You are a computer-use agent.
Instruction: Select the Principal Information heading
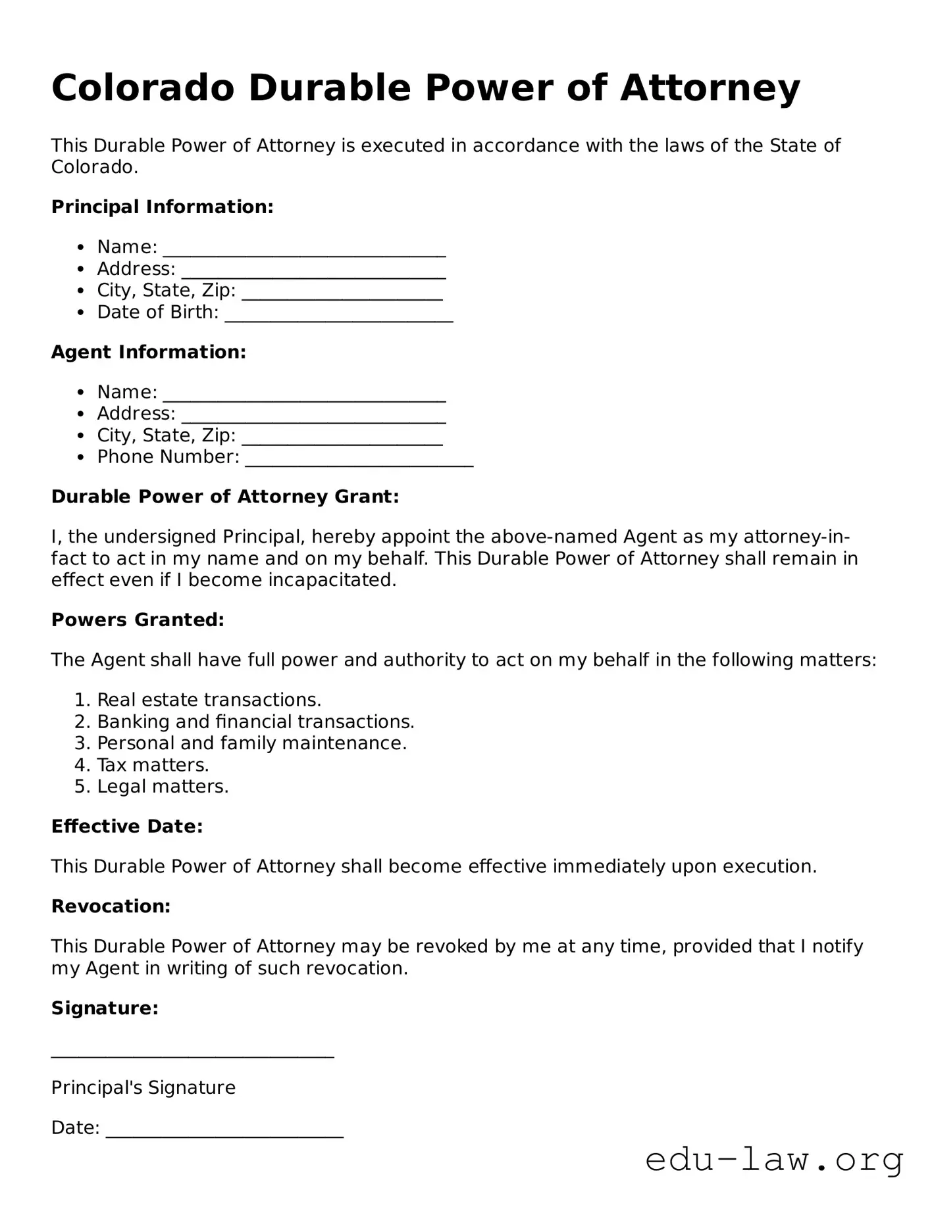[x=162, y=207]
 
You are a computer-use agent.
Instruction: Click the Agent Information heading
[x=148, y=352]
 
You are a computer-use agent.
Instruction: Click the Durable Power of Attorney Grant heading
[x=225, y=497]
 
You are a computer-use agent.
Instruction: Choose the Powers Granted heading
[x=138, y=620]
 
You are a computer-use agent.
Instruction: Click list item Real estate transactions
[x=209, y=700]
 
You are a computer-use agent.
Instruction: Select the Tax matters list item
[x=153, y=765]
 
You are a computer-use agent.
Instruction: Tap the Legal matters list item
[x=163, y=787]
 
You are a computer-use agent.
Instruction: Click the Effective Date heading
[x=127, y=826]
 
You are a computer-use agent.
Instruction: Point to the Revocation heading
[x=111, y=906]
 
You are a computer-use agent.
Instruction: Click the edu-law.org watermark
[x=774, y=1160]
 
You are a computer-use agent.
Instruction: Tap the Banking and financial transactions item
[x=255, y=722]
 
